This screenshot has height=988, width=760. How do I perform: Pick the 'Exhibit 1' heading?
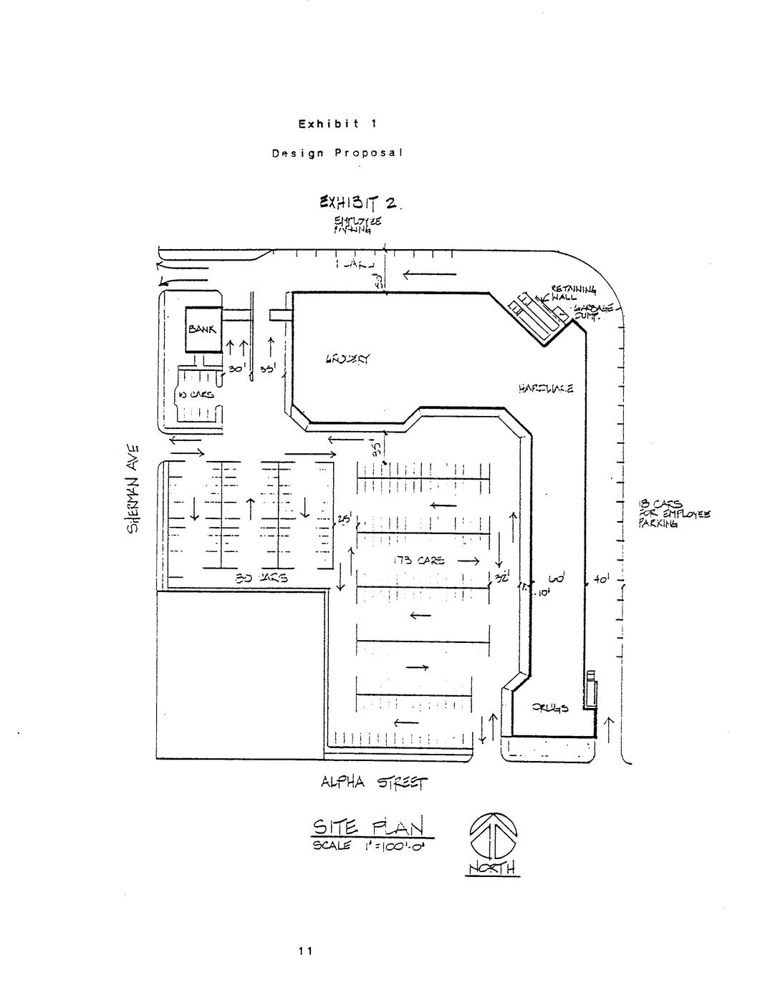[337, 123]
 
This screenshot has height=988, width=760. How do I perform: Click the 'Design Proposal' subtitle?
[337, 152]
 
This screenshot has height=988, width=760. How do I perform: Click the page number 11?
[305, 951]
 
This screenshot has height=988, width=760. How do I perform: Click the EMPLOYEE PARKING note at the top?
[352, 226]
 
